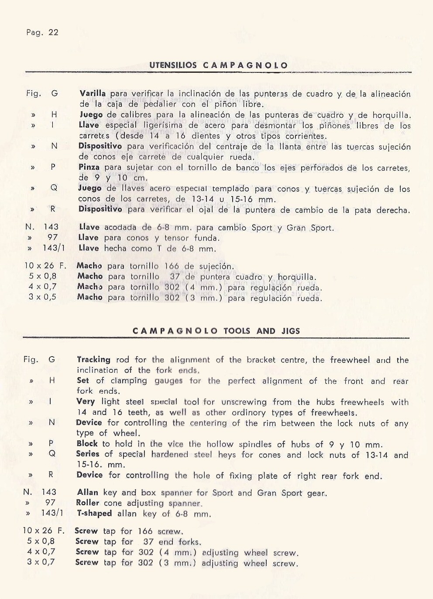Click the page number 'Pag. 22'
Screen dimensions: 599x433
42,33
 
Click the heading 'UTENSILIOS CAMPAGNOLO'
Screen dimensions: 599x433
218,66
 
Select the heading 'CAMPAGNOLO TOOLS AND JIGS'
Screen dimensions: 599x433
216,331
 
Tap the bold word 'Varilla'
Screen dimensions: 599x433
93,94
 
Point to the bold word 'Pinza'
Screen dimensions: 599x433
89,167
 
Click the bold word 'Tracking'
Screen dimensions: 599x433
93,360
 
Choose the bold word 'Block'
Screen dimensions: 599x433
87,443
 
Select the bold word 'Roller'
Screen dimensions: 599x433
88,503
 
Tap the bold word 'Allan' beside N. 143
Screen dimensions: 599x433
87,493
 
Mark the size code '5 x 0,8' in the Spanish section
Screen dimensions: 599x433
42,276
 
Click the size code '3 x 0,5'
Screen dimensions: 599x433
42,297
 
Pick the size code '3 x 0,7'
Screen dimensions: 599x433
41,562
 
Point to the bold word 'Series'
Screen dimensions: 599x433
89,454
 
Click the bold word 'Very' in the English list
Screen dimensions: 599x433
86,402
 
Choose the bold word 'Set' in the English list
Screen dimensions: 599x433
82,380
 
